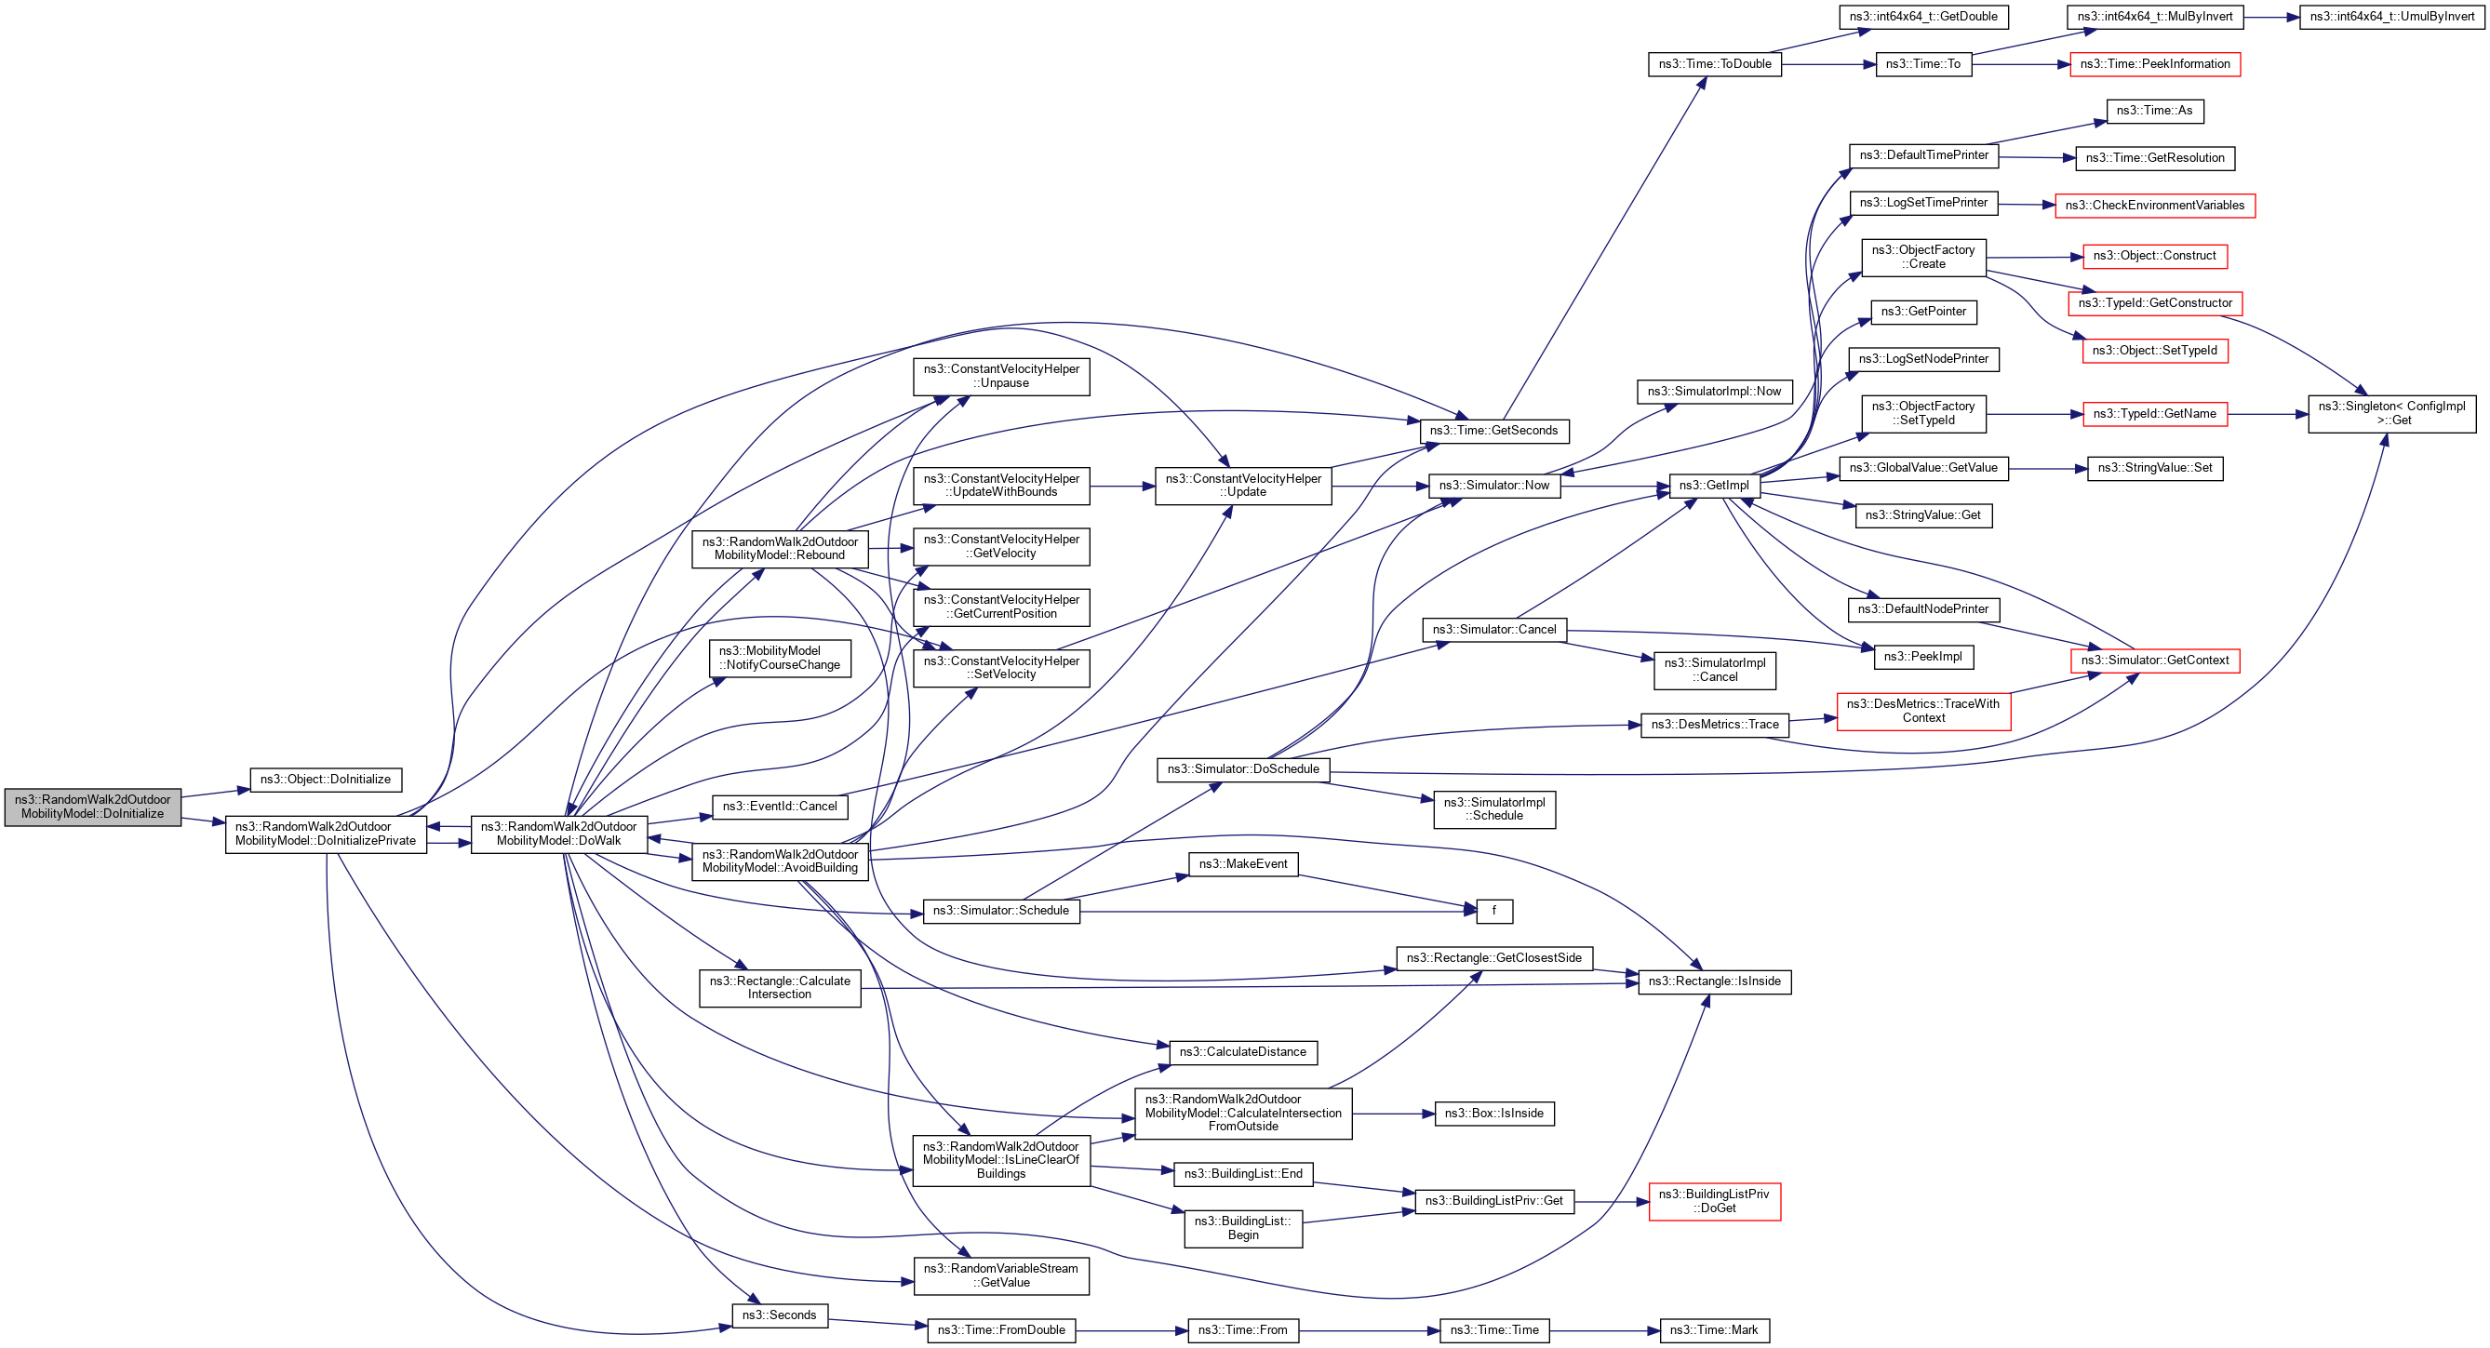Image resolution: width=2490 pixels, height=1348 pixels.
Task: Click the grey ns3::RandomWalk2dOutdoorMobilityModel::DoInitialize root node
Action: (93, 807)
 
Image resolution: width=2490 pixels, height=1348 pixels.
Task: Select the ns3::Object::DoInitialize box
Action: (326, 780)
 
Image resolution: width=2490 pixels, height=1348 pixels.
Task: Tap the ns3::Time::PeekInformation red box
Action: (2155, 65)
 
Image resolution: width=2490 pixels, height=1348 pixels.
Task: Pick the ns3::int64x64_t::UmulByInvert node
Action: (2391, 17)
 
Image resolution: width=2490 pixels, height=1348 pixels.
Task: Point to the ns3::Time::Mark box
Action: (1714, 1330)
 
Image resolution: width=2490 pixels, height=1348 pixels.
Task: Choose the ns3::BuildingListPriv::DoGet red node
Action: (1714, 1201)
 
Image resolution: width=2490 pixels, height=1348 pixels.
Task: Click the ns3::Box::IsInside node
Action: (1493, 1114)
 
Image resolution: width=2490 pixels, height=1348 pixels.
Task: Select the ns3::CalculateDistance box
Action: (1242, 1052)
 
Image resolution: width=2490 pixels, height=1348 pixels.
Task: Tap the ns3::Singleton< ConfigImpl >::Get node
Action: (2391, 414)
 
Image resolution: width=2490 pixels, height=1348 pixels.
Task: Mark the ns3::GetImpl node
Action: (1714, 486)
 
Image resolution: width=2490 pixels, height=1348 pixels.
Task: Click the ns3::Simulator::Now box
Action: (1493, 486)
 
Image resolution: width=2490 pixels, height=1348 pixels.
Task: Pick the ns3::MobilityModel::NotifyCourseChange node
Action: (779, 658)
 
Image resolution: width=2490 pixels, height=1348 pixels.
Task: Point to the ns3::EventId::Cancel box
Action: (779, 807)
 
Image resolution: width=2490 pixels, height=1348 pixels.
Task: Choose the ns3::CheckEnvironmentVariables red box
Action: (2155, 206)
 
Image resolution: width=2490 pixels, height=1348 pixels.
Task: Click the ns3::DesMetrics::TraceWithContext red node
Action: (1922, 711)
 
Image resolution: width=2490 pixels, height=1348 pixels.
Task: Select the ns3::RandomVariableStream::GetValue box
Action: (1000, 1275)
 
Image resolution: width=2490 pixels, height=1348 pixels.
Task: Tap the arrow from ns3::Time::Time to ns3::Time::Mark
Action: (1604, 1330)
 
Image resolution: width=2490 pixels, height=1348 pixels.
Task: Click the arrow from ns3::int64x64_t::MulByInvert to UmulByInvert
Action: (2271, 17)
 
